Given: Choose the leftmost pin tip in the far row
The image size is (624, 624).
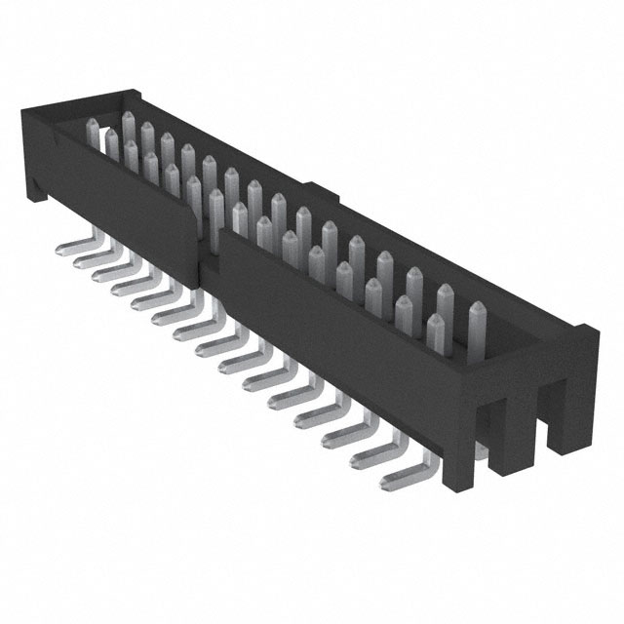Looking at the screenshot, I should click(94, 125).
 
